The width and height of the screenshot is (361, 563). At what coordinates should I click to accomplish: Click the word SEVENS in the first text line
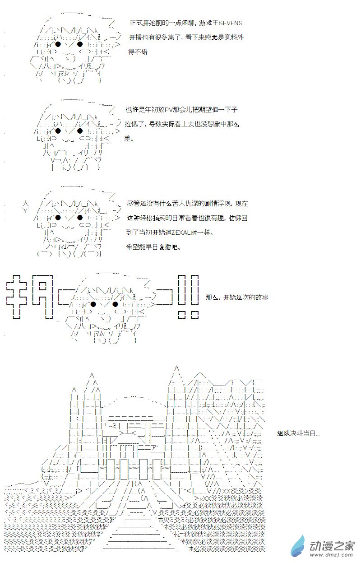231,23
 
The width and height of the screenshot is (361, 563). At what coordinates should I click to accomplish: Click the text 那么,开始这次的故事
237,298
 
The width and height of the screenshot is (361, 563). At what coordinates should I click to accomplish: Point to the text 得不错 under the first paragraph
138,52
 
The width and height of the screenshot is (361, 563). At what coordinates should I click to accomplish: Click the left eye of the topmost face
58,45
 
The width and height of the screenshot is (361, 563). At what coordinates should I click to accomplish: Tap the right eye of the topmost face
80,45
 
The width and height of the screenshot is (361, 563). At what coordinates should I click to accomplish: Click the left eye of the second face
58,130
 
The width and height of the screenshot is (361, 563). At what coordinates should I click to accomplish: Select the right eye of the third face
80,218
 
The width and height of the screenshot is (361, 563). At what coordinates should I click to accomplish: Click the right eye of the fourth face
115,305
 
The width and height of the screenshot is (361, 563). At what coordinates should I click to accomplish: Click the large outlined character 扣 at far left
16,297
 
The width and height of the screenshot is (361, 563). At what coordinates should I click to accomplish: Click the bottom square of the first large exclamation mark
182,315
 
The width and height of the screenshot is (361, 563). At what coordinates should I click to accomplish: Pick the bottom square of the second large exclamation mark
194,315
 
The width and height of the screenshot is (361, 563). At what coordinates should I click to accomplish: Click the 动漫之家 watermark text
332,546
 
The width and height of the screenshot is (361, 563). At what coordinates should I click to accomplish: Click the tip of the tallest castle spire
176,366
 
